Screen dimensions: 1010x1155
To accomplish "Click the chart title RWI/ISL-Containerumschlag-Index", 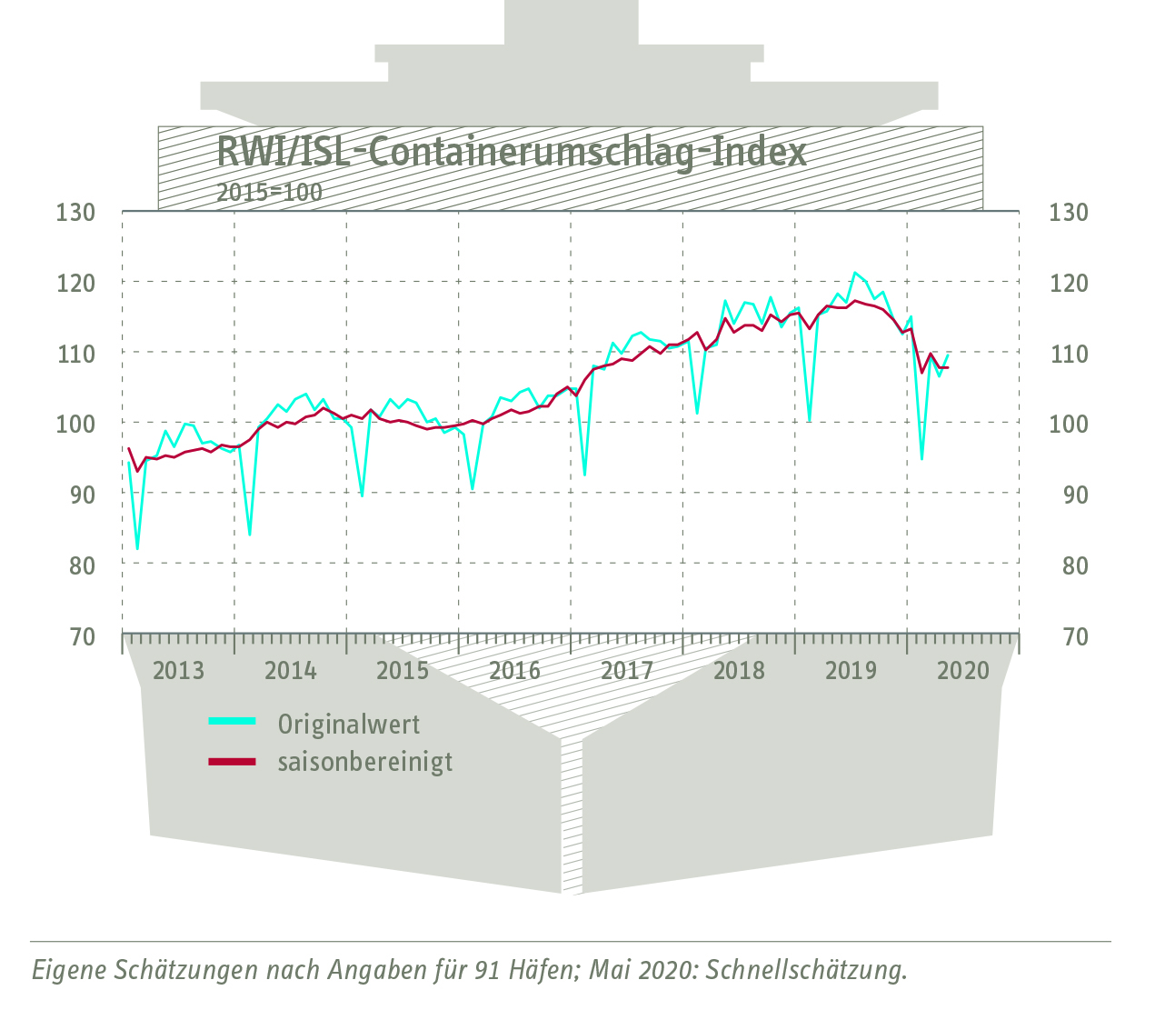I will pos(511,153).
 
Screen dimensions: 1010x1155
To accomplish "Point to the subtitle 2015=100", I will pos(269,193).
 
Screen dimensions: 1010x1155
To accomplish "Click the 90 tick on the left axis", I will pos(77,495).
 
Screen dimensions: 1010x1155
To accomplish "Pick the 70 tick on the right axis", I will pos(1075,636).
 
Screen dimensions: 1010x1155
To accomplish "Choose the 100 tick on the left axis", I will pos(75,424).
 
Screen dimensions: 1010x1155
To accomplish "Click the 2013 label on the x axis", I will pos(178,671).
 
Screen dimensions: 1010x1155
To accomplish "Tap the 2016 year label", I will pos(514,671).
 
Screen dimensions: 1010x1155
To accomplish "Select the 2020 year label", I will pos(962,671).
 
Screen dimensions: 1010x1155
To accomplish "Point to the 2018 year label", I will pos(739,671).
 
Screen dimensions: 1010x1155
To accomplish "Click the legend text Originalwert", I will pos(349,725).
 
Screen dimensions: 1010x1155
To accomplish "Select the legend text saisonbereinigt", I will pos(365,762).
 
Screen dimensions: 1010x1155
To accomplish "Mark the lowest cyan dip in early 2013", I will pos(137,548).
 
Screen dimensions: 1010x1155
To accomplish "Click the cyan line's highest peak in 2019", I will pos(854,273).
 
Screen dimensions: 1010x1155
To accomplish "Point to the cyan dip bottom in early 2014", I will pos(249,534).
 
